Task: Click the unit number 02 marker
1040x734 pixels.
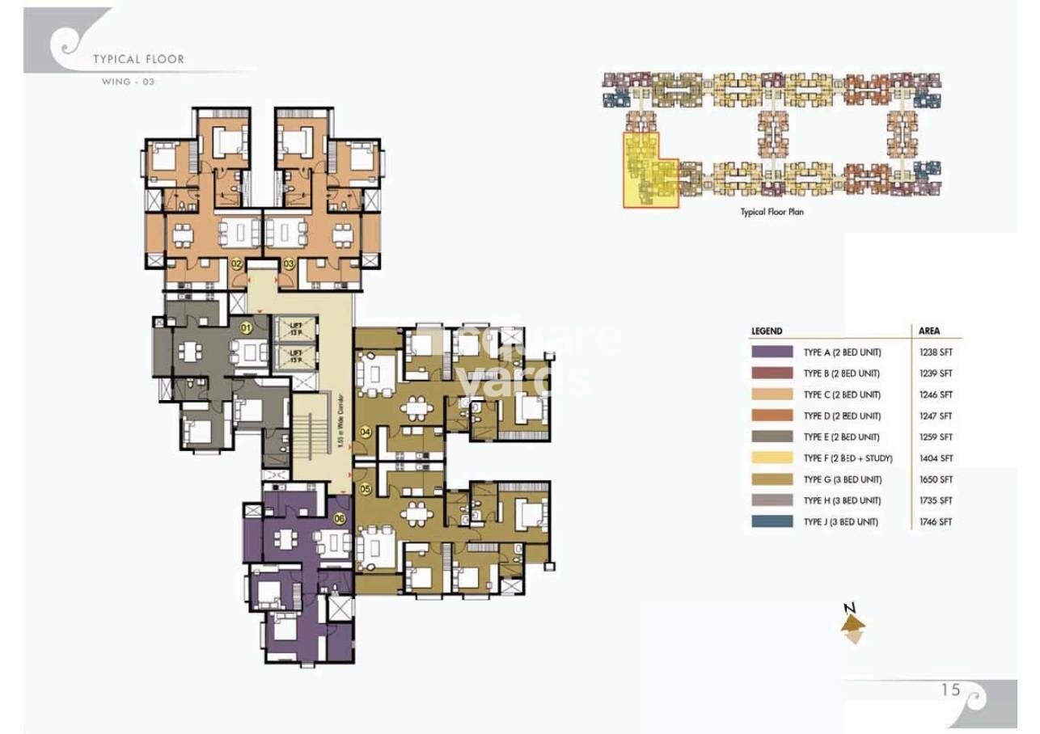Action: [x=237, y=264]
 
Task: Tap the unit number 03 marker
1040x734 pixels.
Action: [x=289, y=264]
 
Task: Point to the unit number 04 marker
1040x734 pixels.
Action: [x=366, y=432]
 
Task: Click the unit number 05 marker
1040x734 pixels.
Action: [x=366, y=488]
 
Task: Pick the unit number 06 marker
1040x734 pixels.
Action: [x=339, y=519]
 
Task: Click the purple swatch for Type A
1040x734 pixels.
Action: [x=772, y=352]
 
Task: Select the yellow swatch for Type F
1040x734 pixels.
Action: [x=772, y=458]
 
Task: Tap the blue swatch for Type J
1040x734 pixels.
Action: [x=772, y=521]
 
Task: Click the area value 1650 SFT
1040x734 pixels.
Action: [x=936, y=479]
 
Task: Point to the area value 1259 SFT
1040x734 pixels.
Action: [x=936, y=437]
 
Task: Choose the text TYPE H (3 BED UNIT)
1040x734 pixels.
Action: [x=842, y=500]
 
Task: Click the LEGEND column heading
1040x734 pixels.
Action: [x=767, y=331]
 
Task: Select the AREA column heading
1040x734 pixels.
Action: [x=929, y=331]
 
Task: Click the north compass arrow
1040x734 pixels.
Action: [x=852, y=623]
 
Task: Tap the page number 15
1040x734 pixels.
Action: [x=950, y=690]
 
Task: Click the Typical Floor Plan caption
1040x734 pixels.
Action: [x=772, y=212]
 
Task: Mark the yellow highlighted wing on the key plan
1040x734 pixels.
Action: [x=649, y=172]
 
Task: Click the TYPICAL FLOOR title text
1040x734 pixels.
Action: [x=138, y=59]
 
